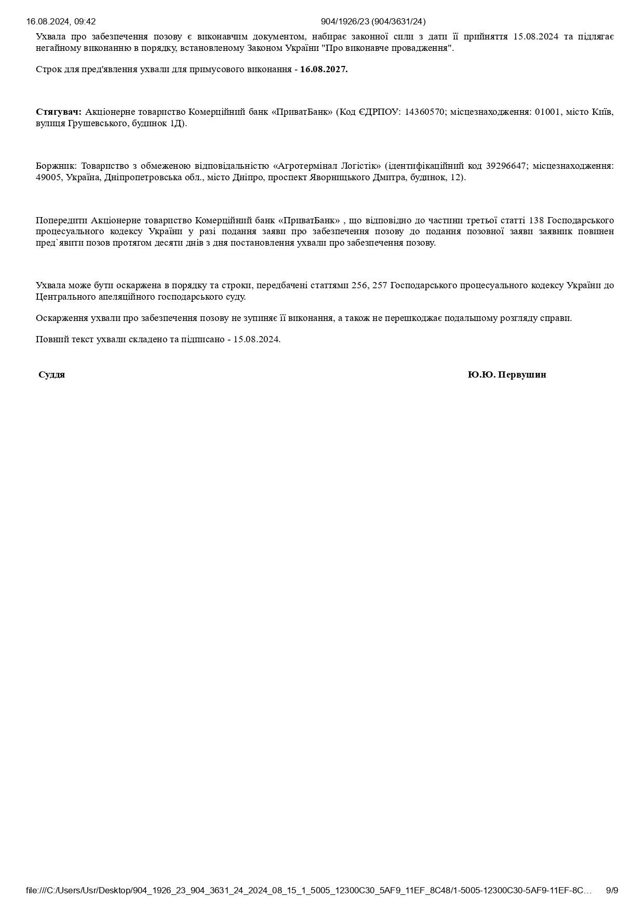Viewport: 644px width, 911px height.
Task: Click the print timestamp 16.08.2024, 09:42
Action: coord(61,21)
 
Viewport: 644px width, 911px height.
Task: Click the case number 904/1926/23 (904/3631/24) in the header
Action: coord(373,21)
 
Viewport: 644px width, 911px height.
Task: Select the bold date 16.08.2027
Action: coord(324,69)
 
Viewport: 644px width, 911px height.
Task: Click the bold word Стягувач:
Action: coord(59,112)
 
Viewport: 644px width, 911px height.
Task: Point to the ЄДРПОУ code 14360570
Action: coord(425,112)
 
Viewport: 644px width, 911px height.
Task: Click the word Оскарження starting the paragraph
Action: coord(58,318)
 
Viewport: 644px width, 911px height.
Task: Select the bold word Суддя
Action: coord(51,374)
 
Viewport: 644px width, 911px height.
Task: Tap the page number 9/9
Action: coord(612,890)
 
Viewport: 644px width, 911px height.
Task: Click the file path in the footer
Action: coord(309,890)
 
